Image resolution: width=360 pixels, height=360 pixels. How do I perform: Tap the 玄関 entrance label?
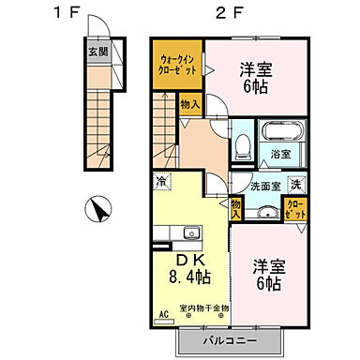(x=97, y=52)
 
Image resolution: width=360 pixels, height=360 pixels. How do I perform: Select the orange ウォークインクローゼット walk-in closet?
(x=177, y=65)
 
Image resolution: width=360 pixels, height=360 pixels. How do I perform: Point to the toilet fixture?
(x=241, y=145)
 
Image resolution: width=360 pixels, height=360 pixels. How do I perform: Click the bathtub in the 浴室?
(x=278, y=132)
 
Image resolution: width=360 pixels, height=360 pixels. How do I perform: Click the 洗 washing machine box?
(x=294, y=184)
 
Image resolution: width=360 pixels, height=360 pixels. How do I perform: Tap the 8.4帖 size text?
(x=189, y=277)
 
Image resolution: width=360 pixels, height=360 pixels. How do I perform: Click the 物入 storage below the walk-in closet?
(x=188, y=104)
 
